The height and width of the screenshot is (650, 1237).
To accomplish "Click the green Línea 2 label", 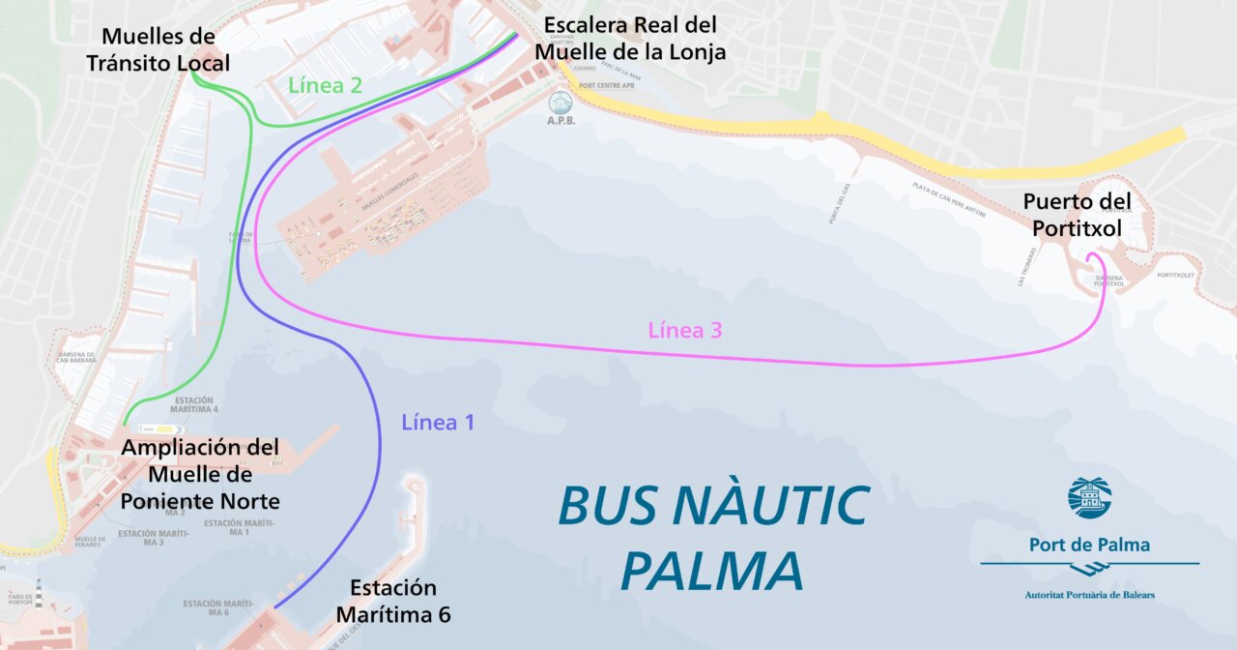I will pyautogui.click(x=325, y=85).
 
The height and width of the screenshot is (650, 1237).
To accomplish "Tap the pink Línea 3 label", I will pyautogui.click(x=685, y=330).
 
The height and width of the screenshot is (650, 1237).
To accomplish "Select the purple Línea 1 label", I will pyautogui.click(x=438, y=423).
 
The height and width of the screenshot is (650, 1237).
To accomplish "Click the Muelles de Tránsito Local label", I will pyautogui.click(x=158, y=50).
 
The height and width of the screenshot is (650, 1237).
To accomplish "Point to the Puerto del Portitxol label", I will pyautogui.click(x=1077, y=215).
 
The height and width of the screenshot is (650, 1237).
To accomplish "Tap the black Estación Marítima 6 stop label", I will pyautogui.click(x=393, y=601).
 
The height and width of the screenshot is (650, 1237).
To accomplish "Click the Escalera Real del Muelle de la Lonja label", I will pyautogui.click(x=630, y=39).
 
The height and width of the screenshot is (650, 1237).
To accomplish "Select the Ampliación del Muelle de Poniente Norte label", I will pyautogui.click(x=200, y=474).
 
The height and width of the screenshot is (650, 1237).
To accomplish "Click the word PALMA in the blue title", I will pyautogui.click(x=711, y=571).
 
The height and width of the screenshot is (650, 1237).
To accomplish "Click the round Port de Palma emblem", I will pyautogui.click(x=1089, y=497).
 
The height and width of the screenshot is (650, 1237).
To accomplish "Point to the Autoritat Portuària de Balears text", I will pyautogui.click(x=1089, y=594).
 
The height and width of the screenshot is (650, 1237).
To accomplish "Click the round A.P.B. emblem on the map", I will pyautogui.click(x=561, y=103).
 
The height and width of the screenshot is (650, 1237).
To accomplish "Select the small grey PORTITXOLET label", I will pyautogui.click(x=1175, y=275).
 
